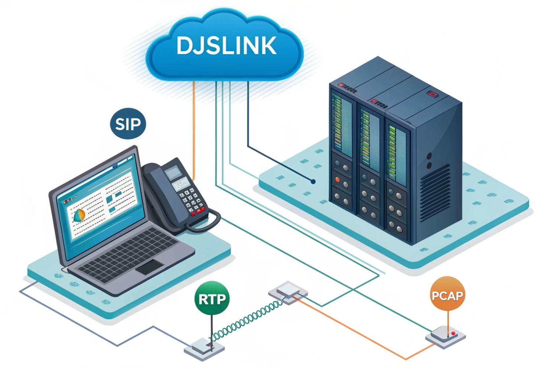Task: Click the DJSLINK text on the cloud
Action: coord(226,46)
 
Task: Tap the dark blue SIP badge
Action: coord(128,124)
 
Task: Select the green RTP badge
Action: coord(212,299)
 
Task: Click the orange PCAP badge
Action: coord(447,295)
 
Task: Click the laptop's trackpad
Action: coord(150,267)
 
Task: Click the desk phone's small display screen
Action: coord(173,172)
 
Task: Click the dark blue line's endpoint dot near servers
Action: coord(313,181)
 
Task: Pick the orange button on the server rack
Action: coord(337,180)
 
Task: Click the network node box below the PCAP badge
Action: coord(445,337)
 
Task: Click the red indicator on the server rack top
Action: coord(432,94)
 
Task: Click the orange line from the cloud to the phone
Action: coord(193,126)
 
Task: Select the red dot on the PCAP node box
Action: coord(453,333)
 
